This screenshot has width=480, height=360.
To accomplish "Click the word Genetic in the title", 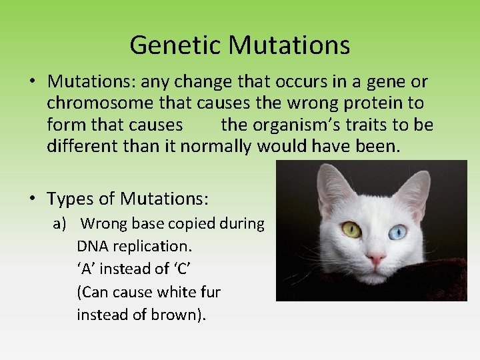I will [x=175, y=45].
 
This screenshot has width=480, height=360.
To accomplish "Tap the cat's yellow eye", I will [x=351, y=230].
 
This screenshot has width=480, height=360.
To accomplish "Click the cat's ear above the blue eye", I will [x=417, y=187].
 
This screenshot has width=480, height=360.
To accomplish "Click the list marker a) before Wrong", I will [x=61, y=223].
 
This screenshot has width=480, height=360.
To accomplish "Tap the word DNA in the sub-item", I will [x=92, y=247].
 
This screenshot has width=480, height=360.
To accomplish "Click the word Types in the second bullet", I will [x=69, y=199].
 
